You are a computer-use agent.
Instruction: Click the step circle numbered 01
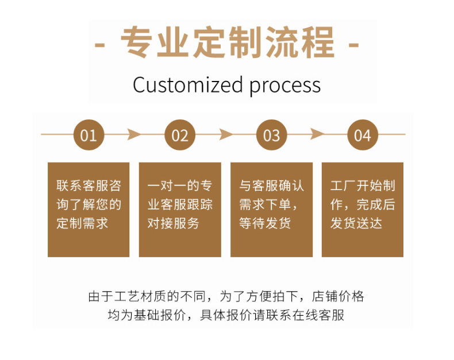tap(89, 135)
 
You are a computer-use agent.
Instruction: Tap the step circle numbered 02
tap(180, 135)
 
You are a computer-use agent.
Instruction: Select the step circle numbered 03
tap(271, 135)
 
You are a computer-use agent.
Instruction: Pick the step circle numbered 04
tap(363, 135)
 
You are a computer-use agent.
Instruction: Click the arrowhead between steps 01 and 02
tap(134, 135)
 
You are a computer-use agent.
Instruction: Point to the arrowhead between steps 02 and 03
tap(226, 135)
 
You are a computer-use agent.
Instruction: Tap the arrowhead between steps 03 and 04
tap(317, 135)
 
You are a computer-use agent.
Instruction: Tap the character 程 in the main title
tap(316, 42)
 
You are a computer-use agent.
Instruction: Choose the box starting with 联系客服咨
tap(89, 209)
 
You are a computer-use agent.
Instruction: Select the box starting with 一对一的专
tap(180, 209)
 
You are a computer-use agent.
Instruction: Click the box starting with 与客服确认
tap(271, 209)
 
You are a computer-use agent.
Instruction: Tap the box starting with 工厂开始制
tap(363, 209)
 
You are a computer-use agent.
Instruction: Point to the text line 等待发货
tap(265, 223)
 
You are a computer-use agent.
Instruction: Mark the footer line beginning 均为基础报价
tap(226, 315)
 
